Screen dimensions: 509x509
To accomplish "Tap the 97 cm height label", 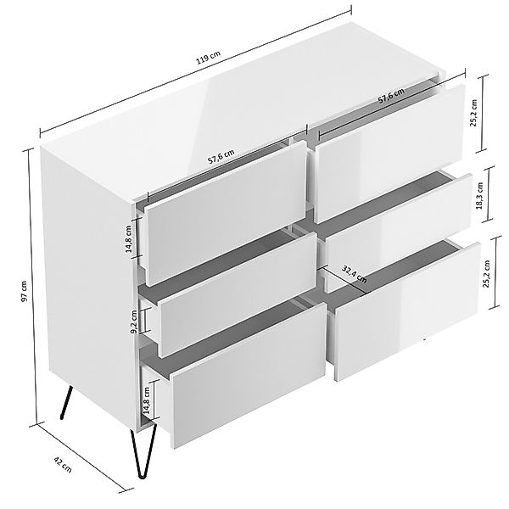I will coord(25,290).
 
